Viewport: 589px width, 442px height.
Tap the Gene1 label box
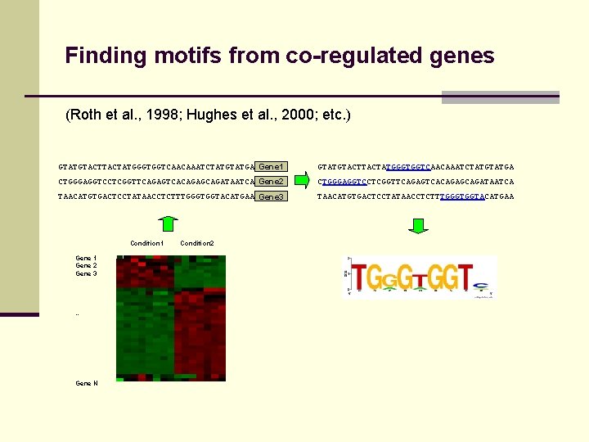coord(271,166)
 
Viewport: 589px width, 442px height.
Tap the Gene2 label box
coord(271,181)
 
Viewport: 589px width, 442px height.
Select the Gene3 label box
coord(271,196)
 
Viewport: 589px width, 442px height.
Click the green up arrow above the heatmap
coord(167,223)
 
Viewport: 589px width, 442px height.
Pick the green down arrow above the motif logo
coord(418,225)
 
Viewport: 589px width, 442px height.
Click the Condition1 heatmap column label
coord(147,243)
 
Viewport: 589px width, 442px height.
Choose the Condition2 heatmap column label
coord(196,243)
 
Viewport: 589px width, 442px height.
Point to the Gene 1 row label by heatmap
coord(86,258)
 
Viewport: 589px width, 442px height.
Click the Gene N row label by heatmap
coord(86,383)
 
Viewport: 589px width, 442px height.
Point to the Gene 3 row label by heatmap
coord(86,273)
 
